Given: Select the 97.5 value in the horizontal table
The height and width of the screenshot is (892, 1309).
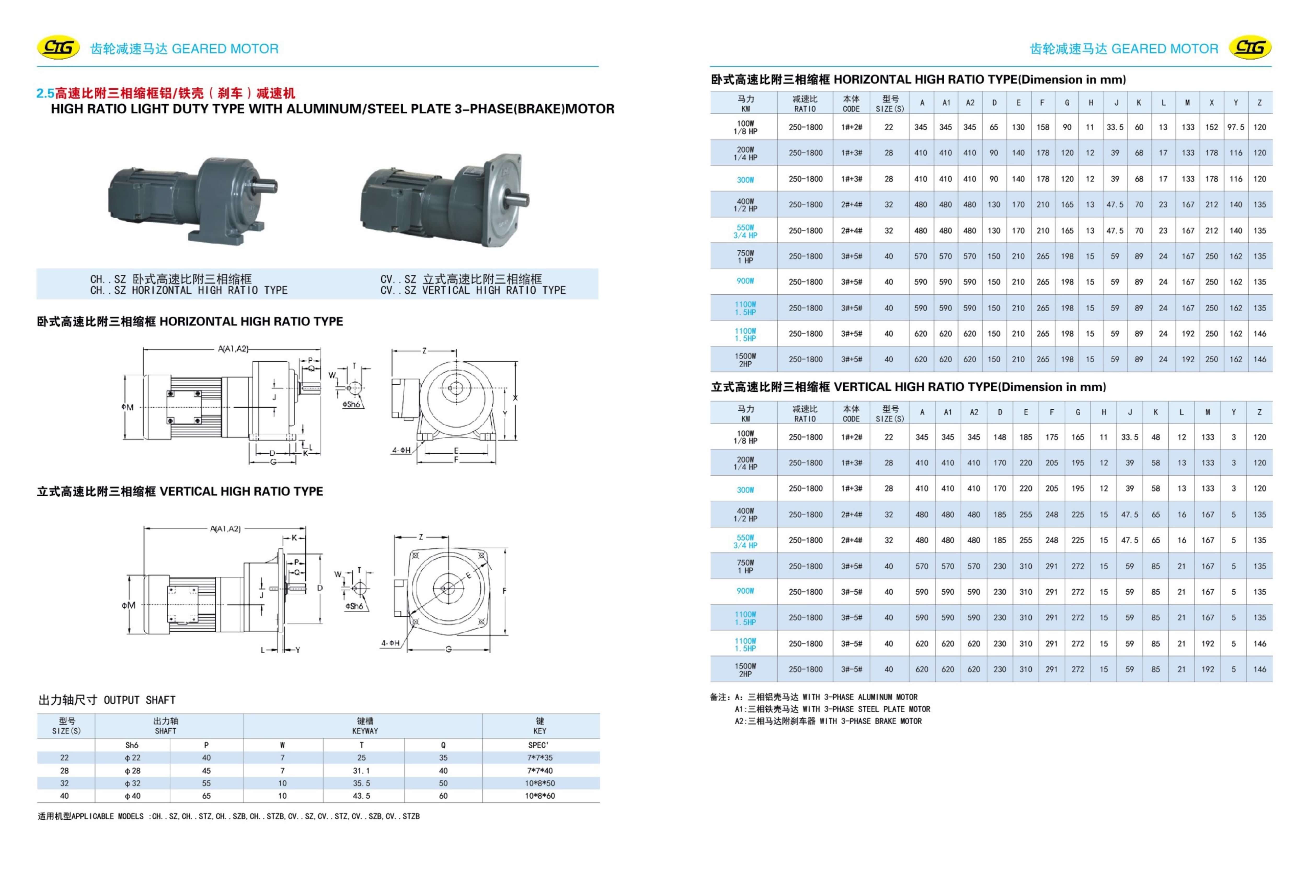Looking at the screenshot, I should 1235,127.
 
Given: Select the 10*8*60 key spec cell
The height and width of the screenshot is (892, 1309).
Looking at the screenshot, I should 539,796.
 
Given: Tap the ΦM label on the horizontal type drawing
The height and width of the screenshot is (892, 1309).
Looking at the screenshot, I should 128,407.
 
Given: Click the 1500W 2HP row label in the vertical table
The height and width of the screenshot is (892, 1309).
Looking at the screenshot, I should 745,670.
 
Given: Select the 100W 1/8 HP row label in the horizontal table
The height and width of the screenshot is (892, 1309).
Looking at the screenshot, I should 745,127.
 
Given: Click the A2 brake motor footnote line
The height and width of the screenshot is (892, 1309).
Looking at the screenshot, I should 828,721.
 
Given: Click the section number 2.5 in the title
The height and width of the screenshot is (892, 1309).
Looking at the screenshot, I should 45,93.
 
